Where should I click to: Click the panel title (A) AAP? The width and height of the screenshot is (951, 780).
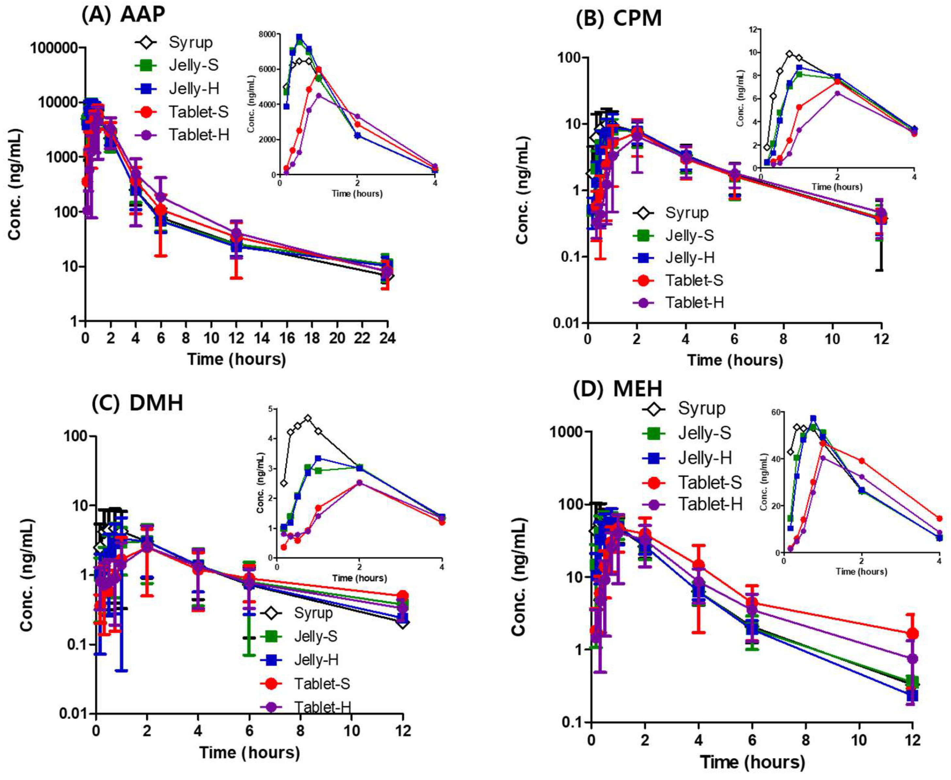pos(123,15)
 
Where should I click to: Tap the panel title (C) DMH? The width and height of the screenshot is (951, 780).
pos(138,403)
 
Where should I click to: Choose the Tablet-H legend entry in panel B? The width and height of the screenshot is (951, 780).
pos(694,302)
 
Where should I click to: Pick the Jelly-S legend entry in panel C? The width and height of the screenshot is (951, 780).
pos(315,636)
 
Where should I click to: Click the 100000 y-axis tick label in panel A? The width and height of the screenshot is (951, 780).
pos(54,48)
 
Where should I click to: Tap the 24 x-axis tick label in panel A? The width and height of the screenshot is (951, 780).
pos(387,338)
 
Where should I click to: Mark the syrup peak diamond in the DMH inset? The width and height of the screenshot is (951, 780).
pos(308,418)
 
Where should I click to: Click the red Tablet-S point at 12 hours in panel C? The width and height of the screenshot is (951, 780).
pos(402,596)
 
